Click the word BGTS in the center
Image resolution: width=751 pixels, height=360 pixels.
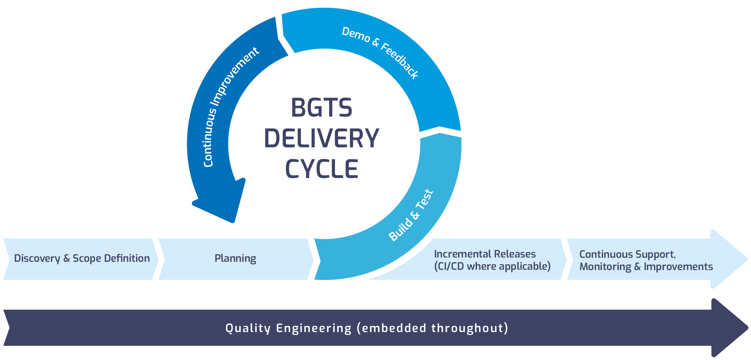click(321, 108)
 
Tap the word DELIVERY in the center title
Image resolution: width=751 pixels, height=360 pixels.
click(321, 138)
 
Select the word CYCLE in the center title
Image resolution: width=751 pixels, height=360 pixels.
click(321, 169)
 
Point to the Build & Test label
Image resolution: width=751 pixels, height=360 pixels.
click(411, 215)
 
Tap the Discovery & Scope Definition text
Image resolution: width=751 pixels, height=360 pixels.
click(82, 258)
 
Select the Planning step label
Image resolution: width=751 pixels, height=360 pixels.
click(235, 258)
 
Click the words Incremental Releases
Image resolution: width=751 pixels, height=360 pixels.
click(485, 254)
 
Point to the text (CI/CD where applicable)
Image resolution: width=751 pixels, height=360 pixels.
click(492, 266)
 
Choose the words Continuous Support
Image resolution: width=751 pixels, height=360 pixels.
click(627, 254)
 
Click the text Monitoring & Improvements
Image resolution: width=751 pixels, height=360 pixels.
click(646, 267)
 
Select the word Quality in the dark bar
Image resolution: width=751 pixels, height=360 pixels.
click(248, 328)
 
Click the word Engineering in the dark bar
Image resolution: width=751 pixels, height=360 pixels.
click(314, 328)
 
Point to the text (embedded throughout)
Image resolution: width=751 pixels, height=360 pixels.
click(432, 328)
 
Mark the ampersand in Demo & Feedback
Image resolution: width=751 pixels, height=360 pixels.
click(375, 42)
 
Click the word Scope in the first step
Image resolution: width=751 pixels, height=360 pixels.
click(87, 258)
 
